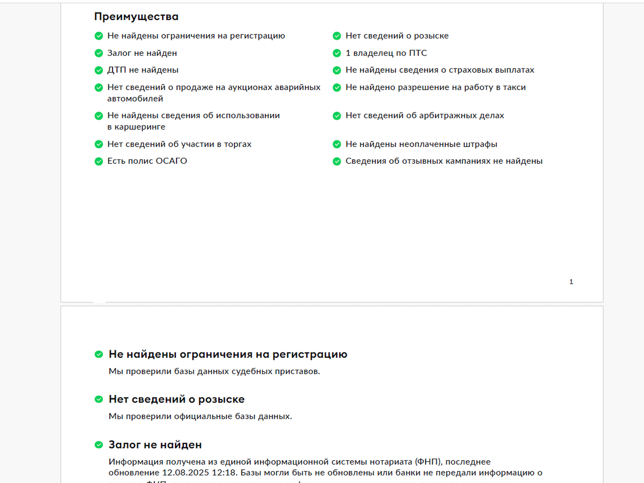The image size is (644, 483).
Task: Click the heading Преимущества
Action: pos(136,17)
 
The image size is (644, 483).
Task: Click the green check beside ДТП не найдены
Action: pos(99,70)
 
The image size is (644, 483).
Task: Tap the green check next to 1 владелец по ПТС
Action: pos(337,53)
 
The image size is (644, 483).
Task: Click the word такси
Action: pos(514,87)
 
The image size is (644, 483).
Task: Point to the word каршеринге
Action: pos(140,127)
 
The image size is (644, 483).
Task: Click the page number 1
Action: pos(571,282)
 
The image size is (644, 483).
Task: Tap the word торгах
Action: pos(237,144)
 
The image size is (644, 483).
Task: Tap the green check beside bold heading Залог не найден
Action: pos(99,445)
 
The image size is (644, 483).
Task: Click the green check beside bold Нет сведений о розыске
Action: pos(99,399)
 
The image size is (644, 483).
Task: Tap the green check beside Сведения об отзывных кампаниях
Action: pos(337,161)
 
